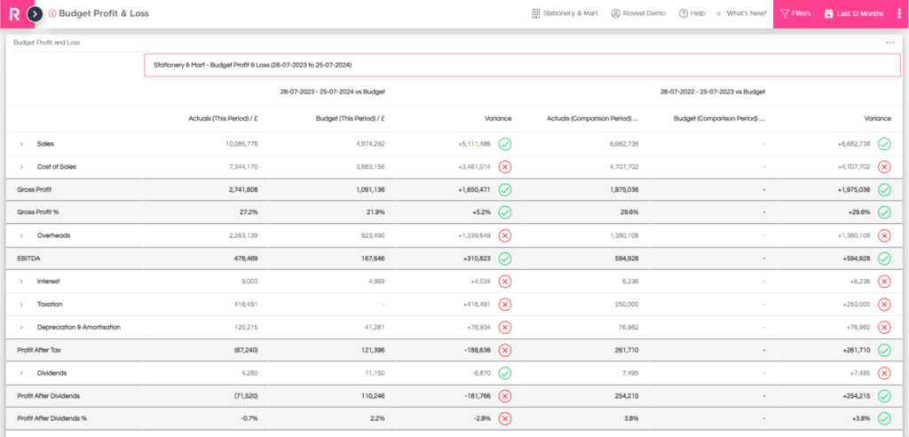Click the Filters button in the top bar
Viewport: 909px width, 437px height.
click(x=795, y=13)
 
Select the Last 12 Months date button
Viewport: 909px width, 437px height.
click(x=854, y=13)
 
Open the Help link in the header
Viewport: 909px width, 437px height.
click(x=692, y=13)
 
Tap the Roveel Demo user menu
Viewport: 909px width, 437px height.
click(x=638, y=13)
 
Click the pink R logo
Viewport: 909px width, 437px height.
click(x=14, y=14)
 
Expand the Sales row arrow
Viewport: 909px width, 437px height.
click(x=21, y=144)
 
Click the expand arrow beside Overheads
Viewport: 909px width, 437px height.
click(x=21, y=235)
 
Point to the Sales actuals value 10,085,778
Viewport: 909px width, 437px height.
click(x=241, y=144)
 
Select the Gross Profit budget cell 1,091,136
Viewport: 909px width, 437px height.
click(x=368, y=190)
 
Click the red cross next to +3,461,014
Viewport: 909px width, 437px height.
click(x=505, y=167)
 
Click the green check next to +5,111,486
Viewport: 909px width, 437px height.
click(x=505, y=144)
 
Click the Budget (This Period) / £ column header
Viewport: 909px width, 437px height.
click(x=350, y=118)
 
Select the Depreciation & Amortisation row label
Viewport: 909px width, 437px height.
click(x=79, y=328)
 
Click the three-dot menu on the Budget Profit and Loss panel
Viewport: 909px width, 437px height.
click(x=889, y=43)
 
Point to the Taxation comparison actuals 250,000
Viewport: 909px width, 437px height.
click(x=627, y=304)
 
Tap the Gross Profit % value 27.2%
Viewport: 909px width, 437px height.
click(x=249, y=212)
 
